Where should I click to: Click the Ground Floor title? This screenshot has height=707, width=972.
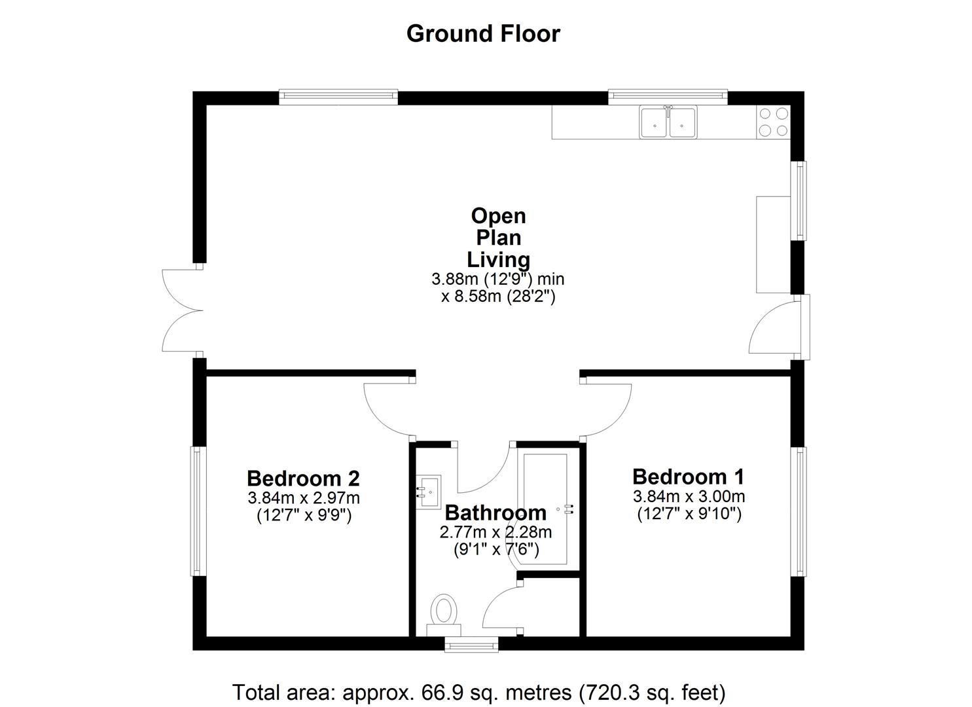(x=483, y=33)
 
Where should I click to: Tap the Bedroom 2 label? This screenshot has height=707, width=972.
(x=303, y=478)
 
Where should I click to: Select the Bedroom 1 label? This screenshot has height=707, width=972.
(x=688, y=476)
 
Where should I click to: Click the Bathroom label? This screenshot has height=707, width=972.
(x=495, y=512)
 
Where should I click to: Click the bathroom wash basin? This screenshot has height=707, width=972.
(x=429, y=491)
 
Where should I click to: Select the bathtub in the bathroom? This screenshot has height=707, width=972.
(x=545, y=508)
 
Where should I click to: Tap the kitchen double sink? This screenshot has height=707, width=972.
(x=668, y=122)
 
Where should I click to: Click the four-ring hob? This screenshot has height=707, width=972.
(x=773, y=122)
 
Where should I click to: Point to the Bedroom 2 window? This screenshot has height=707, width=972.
(x=198, y=511)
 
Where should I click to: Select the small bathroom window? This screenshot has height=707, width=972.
(x=471, y=645)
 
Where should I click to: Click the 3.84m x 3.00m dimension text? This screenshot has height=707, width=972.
(x=689, y=496)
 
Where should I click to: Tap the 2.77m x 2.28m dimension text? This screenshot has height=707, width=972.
(x=495, y=532)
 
